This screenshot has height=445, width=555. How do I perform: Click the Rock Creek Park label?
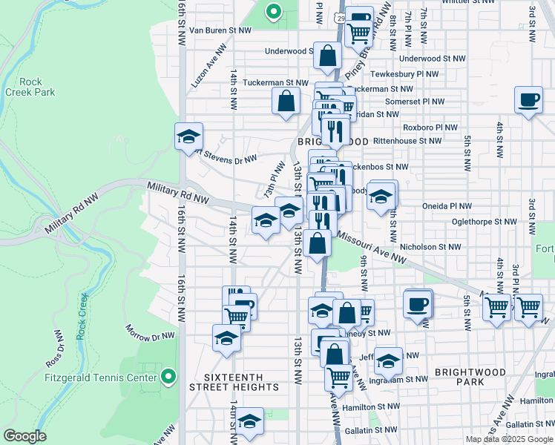click(30, 87)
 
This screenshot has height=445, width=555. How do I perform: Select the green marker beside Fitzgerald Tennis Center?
click(168, 377)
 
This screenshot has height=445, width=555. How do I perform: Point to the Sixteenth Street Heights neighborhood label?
click(234, 381)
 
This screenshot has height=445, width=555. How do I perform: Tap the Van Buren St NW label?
click(222, 30)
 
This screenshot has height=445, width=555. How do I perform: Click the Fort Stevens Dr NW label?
click(223, 156)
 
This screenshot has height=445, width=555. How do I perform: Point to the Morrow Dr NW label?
click(149, 332)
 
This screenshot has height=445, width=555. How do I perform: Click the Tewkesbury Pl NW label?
click(406, 74)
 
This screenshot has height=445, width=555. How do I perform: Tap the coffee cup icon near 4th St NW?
click(528, 100)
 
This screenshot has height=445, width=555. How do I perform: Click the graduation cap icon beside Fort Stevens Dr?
click(189, 136)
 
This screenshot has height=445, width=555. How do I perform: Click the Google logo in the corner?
click(25, 436)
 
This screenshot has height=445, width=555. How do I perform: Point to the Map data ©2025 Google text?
click(509, 439)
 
